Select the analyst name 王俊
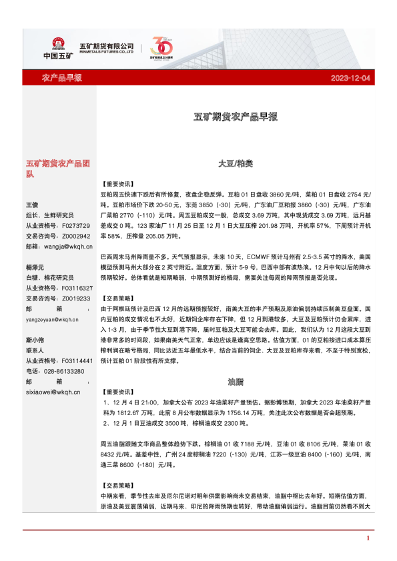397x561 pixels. [33, 204]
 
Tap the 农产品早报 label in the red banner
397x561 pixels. [62, 78]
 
